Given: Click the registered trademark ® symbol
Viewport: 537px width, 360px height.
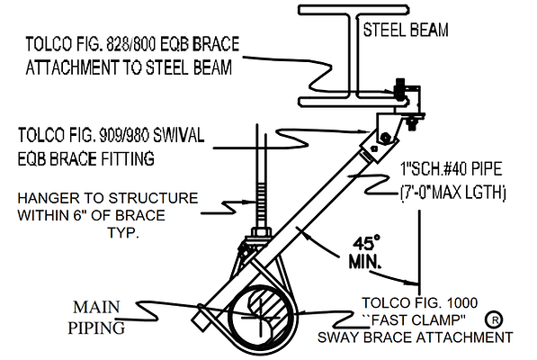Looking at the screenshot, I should coord(494,319).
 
